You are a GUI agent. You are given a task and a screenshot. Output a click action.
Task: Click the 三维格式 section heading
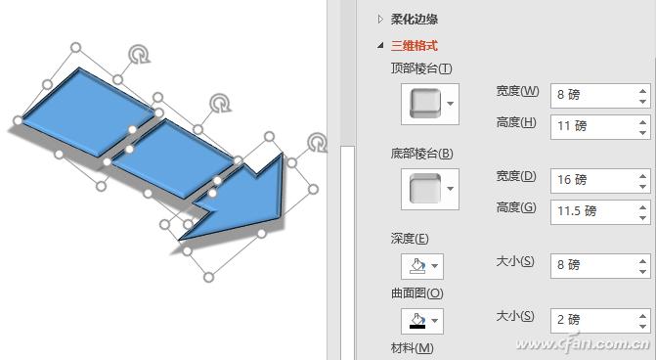pyautogui.click(x=414, y=45)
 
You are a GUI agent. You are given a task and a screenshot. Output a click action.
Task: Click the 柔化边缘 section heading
pyautogui.click(x=414, y=19)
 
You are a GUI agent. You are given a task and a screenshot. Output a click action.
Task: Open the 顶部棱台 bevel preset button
pyautogui.click(x=429, y=103)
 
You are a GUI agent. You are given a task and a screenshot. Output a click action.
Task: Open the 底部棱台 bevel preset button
pyautogui.click(x=429, y=188)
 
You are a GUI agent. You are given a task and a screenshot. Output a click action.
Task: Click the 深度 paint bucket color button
pyautogui.click(x=421, y=265)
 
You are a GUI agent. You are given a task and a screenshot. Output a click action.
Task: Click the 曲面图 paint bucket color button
pyautogui.click(x=421, y=320)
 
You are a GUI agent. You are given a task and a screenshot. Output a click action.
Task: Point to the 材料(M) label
pyautogui.click(x=412, y=348)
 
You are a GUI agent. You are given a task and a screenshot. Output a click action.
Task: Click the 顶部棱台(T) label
pyautogui.click(x=420, y=67)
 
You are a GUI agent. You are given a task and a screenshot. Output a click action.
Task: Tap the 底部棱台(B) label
pyautogui.click(x=420, y=153)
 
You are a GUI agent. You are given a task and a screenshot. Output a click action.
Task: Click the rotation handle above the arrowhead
pyautogui.click(x=317, y=144)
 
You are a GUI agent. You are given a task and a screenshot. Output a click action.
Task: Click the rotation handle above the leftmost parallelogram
pyautogui.click(x=140, y=55)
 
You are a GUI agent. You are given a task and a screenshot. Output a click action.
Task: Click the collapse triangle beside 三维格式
pyautogui.click(x=380, y=45)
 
